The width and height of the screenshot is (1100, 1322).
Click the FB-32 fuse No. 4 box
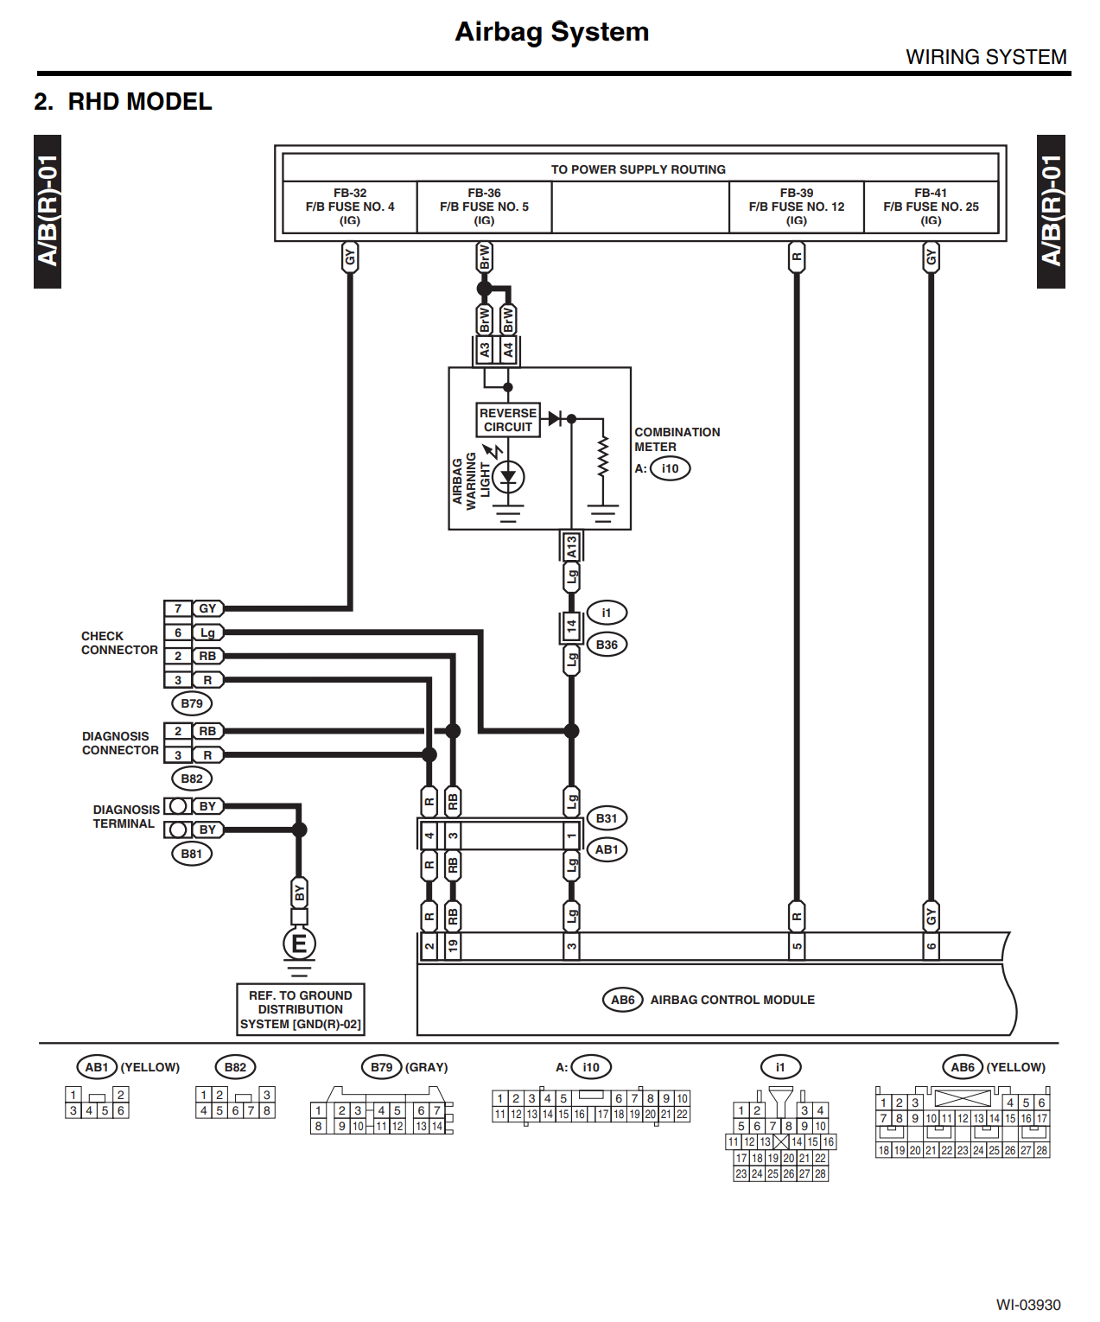[350, 207]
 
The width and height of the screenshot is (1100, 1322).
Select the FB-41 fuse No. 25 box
[931, 207]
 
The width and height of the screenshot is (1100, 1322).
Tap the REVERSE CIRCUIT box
[508, 420]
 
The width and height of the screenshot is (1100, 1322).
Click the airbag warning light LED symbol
[508, 477]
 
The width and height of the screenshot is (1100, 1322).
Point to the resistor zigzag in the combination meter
[603, 454]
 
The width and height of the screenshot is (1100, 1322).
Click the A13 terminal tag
[571, 546]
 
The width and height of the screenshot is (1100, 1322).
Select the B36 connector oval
[607, 645]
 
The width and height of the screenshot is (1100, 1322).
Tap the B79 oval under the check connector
[192, 702]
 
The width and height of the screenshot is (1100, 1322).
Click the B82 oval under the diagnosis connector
[192, 779]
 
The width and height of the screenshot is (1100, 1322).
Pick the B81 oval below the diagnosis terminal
[192, 854]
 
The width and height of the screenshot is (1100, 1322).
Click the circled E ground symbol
[299, 944]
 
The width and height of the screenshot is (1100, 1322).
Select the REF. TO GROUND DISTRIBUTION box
[300, 1009]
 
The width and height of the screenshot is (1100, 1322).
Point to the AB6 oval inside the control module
[622, 1000]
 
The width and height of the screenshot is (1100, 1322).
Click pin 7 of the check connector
[178, 608]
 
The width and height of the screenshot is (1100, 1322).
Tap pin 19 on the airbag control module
[452, 946]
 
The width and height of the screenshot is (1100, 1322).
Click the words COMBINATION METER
[677, 440]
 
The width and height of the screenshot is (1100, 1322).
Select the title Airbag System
[551, 32]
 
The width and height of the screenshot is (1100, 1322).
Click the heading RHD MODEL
[140, 101]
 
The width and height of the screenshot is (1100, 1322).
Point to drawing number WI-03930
[1027, 1304]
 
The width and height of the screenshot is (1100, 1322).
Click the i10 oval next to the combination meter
[670, 468]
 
